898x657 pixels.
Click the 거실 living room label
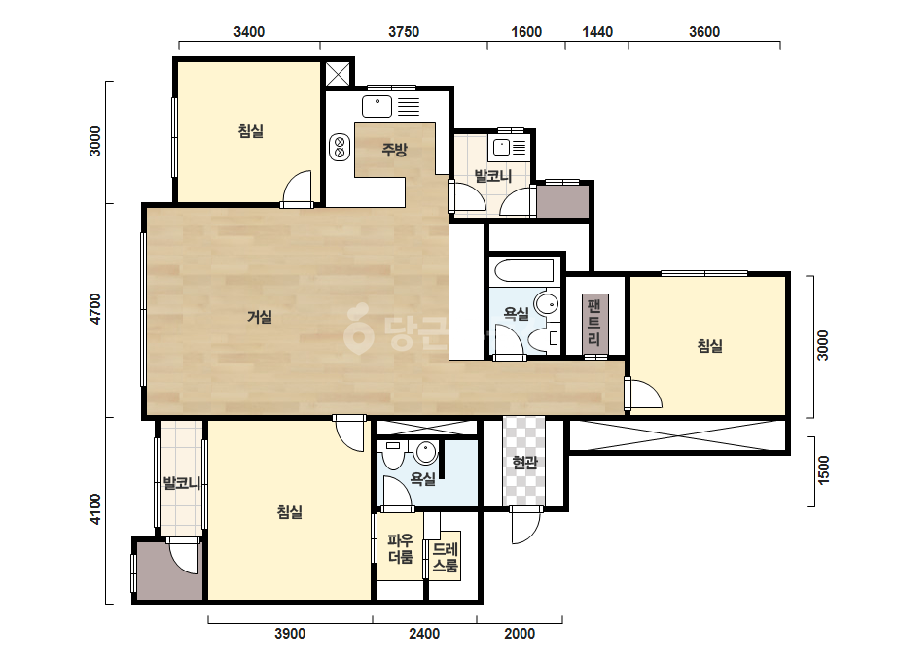click(260, 317)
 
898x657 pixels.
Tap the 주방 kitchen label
click(395, 150)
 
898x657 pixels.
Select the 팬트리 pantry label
click(594, 324)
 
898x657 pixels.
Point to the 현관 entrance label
click(524, 462)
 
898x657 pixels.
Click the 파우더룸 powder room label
click(401, 548)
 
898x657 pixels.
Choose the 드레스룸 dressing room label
click(445, 558)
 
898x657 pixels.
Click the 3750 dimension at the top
click(404, 32)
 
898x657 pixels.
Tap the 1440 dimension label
click(597, 32)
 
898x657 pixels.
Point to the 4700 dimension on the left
click(95, 309)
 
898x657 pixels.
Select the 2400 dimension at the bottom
click(424, 634)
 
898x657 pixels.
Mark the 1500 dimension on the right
click(823, 469)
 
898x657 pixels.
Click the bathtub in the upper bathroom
click(523, 271)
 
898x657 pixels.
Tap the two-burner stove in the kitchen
click(340, 147)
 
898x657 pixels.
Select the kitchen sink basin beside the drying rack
click(377, 107)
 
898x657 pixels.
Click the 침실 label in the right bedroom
click(709, 346)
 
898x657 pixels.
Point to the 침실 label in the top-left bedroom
click(251, 131)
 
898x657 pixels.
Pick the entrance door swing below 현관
click(525, 526)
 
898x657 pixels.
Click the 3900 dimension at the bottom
click(290, 634)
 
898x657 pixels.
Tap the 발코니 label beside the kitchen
click(492, 176)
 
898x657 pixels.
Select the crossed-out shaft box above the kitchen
click(338, 73)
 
